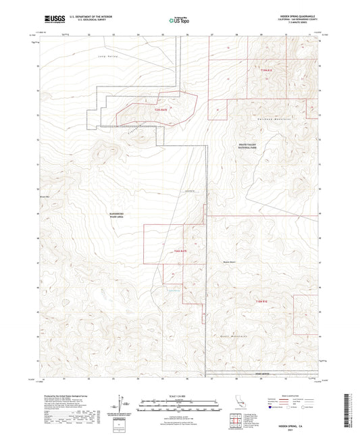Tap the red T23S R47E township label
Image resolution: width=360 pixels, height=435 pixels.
(160, 109)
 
